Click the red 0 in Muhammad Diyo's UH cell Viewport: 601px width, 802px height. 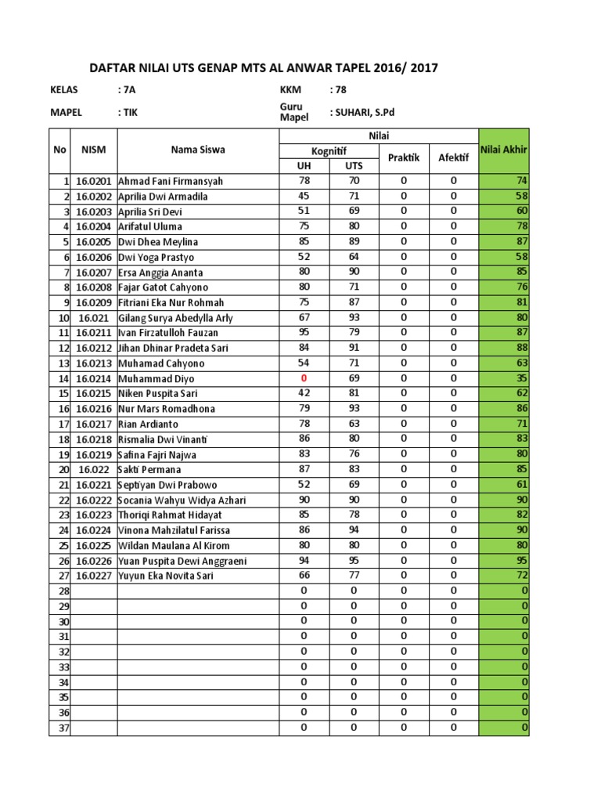pos(304,378)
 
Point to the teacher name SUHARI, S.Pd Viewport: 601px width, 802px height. pos(365,112)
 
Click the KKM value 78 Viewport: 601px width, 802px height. pos(339,90)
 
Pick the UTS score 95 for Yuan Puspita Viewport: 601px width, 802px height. pos(354,560)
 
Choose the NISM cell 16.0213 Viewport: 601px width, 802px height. pos(93,363)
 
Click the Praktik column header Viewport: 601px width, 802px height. pos(404,157)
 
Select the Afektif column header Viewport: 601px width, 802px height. pos(453,157)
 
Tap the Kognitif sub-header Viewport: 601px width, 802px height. pos(329,150)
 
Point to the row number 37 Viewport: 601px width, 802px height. pos(64,728)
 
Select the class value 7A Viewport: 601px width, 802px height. pos(126,90)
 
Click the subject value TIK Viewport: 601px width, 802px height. pos(128,112)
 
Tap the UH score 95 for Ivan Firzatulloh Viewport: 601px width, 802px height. pos(304,332)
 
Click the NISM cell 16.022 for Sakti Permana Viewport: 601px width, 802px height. pos(93,469)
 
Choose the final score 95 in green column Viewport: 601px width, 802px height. pos(522,561)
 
